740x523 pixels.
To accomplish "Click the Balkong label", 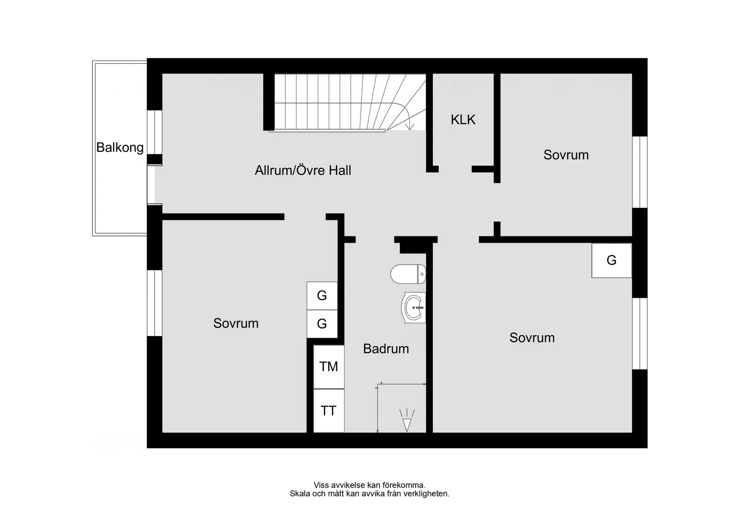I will (x=120, y=148).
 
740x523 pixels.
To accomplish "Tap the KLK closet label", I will (x=463, y=120).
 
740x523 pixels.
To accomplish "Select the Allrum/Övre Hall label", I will (x=303, y=170).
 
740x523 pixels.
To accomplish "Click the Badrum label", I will (x=386, y=349).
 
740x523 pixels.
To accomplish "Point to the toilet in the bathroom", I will (x=408, y=274).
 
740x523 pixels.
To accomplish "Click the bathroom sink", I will (x=414, y=308).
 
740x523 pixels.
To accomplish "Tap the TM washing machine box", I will (x=329, y=367).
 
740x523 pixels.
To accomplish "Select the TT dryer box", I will (x=329, y=411).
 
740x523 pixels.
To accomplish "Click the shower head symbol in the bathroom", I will (x=407, y=424).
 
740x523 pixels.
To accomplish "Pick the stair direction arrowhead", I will (x=409, y=126).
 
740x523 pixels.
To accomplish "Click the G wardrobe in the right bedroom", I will (x=611, y=261).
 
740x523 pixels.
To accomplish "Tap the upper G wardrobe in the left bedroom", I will (x=322, y=296).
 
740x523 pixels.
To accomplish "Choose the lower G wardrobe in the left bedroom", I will (x=322, y=324).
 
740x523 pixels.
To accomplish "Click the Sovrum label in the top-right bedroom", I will (x=566, y=155).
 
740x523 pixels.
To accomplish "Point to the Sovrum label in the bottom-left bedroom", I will (x=236, y=323).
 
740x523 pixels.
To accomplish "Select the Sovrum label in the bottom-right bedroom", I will (x=532, y=338).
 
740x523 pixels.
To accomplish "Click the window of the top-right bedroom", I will (x=640, y=172).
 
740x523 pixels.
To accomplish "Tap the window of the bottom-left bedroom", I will (x=155, y=303).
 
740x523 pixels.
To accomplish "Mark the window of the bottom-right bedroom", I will (x=640, y=333).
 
